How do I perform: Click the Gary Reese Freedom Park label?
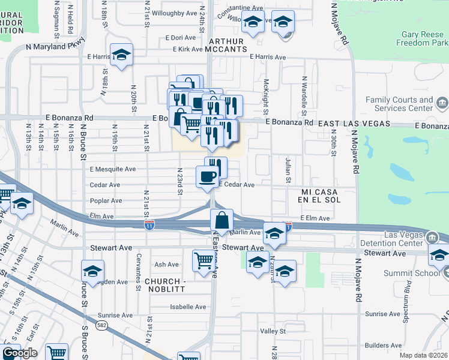click(423, 39)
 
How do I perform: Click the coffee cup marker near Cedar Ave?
click(208, 176)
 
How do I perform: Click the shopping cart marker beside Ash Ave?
click(203, 260)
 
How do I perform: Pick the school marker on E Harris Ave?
click(122, 55)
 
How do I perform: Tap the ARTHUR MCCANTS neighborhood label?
click(225, 46)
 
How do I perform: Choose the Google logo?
click(20, 353)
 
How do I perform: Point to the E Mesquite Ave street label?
click(113, 169)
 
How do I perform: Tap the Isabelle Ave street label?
click(188, 307)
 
